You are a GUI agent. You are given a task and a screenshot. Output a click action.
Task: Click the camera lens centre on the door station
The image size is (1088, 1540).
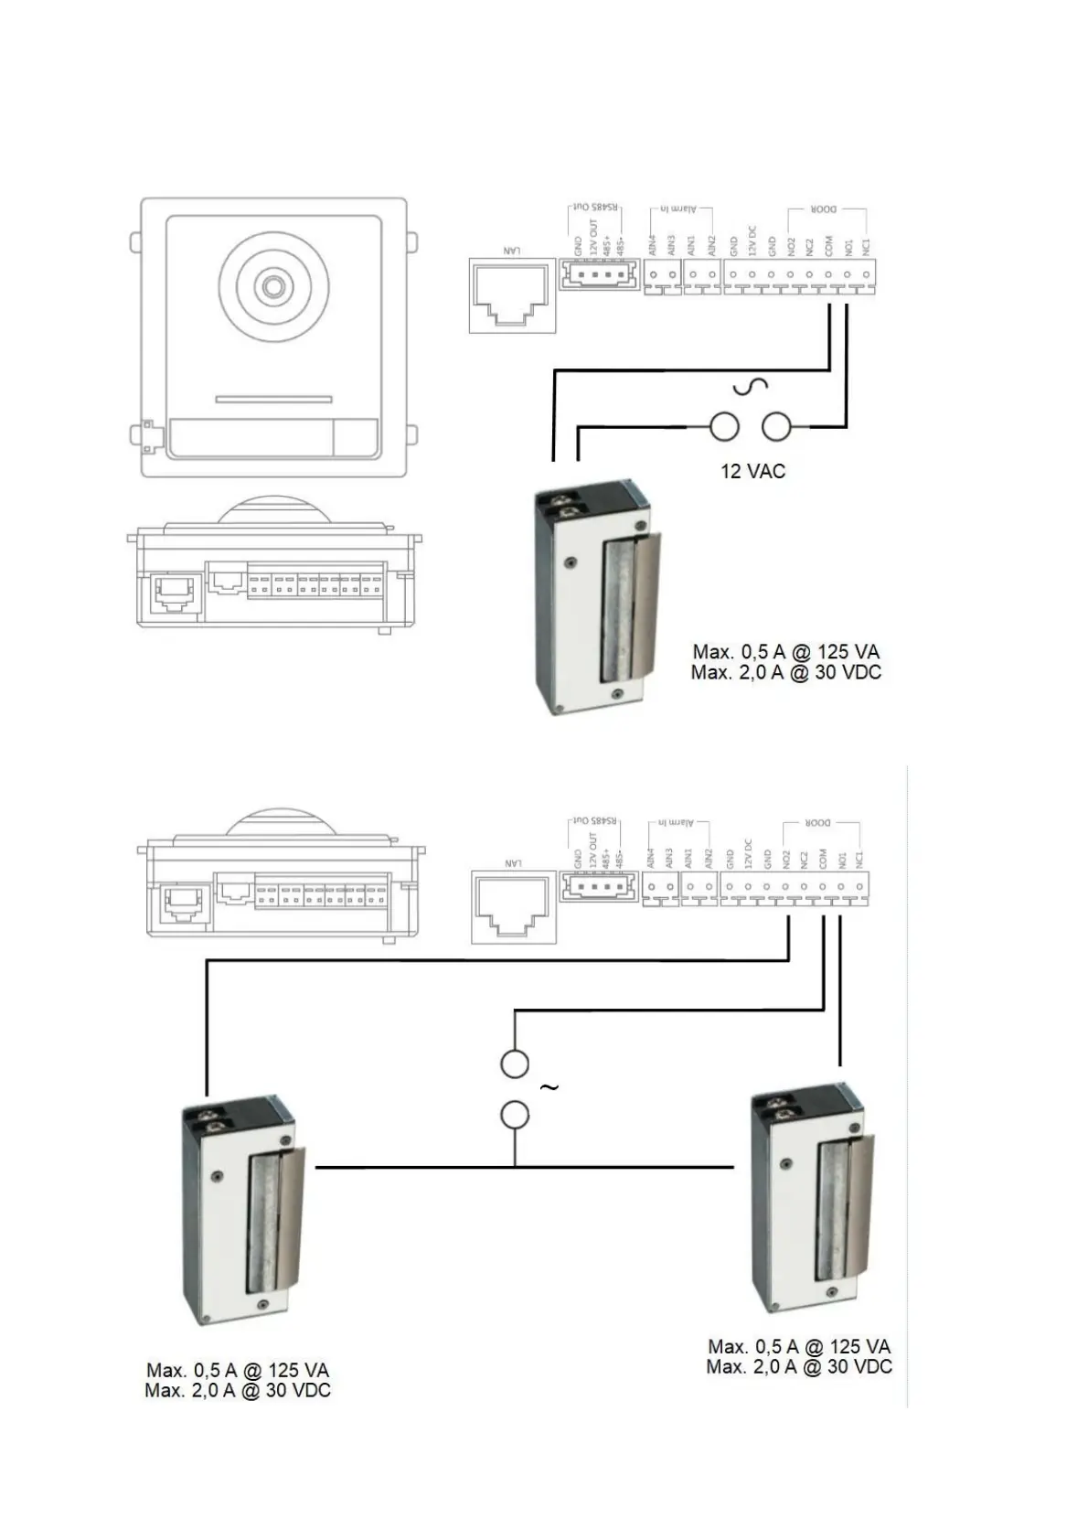tap(272, 286)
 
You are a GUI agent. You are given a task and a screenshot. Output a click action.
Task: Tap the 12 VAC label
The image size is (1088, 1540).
tap(752, 471)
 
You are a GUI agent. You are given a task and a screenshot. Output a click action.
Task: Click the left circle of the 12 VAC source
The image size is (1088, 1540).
tap(724, 426)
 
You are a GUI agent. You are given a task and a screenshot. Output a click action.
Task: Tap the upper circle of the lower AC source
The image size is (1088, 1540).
tap(515, 1064)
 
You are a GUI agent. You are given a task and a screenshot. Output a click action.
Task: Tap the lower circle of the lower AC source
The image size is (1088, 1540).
tap(515, 1115)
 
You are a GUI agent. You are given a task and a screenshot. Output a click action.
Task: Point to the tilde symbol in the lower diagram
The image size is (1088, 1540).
tap(549, 1087)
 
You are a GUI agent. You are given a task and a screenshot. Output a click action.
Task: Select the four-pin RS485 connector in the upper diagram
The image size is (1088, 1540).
tap(599, 274)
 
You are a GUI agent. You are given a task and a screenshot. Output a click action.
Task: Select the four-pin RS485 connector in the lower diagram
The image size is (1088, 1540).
tap(599, 886)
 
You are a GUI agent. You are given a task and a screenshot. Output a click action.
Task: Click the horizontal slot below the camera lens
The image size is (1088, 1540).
tap(273, 400)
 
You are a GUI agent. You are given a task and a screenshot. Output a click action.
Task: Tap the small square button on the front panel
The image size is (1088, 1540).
tap(356, 438)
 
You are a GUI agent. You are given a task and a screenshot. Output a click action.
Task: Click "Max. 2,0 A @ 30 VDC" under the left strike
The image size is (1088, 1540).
tap(238, 1391)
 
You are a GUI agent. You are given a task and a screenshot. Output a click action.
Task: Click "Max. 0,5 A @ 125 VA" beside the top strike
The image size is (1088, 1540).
tap(785, 652)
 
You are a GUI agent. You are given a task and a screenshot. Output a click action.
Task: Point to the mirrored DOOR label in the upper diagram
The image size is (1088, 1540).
tap(824, 209)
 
